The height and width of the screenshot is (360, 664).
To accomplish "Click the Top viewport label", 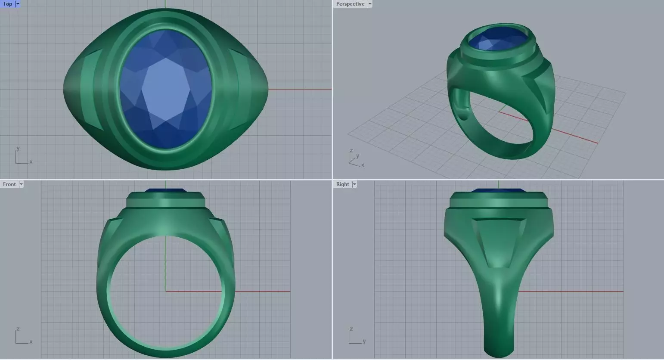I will [x=7, y=4].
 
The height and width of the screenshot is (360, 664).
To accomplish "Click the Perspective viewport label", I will [x=350, y=4].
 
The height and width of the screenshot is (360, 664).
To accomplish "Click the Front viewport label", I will [x=9, y=184].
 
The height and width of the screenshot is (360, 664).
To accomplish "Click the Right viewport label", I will [x=342, y=184].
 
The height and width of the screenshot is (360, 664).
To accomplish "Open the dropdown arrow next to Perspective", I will [x=370, y=4].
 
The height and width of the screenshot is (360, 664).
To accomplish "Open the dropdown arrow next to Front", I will [x=21, y=184].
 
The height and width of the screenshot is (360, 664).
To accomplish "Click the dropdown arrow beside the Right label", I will [x=354, y=184].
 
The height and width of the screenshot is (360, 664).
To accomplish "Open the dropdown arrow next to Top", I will [x=18, y=4].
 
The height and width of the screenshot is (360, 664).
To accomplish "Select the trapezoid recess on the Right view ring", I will [x=498, y=241].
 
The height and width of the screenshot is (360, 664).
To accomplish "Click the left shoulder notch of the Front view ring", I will [x=113, y=223].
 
